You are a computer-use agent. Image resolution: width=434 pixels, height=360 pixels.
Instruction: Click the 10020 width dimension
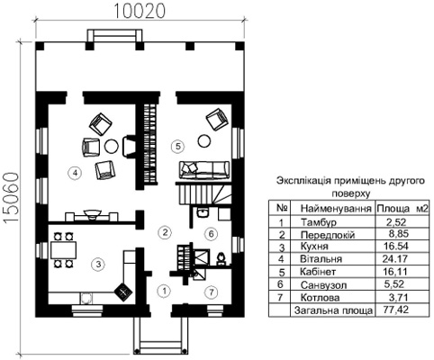(140, 11)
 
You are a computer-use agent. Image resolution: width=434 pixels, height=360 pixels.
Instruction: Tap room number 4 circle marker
(75, 173)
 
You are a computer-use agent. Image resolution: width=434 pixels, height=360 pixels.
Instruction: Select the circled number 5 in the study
(177, 147)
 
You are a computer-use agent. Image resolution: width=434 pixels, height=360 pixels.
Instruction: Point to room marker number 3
(98, 264)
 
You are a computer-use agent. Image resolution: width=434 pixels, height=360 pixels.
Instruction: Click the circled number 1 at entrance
(164, 291)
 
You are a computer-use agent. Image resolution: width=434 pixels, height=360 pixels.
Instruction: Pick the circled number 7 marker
(212, 292)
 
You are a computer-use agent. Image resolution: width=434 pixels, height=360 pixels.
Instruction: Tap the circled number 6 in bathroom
(211, 233)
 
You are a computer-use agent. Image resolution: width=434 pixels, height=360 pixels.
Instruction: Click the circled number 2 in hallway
(165, 232)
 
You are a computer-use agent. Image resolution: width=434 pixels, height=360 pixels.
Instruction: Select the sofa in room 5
(204, 170)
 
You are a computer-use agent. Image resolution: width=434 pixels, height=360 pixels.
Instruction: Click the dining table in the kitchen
(63, 250)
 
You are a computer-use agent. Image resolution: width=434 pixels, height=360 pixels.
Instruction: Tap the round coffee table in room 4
(112, 146)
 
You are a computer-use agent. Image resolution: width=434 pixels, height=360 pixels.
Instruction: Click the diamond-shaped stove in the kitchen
(123, 292)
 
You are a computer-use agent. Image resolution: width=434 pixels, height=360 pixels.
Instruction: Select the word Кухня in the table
(314, 247)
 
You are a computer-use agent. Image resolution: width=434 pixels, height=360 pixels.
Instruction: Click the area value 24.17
(395, 258)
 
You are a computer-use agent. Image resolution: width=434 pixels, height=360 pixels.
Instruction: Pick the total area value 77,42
(396, 310)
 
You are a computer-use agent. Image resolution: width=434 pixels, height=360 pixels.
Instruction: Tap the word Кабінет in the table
(318, 272)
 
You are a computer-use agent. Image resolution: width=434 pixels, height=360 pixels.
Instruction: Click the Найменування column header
(336, 208)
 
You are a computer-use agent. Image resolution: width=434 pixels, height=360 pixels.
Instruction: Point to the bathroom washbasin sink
(203, 212)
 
